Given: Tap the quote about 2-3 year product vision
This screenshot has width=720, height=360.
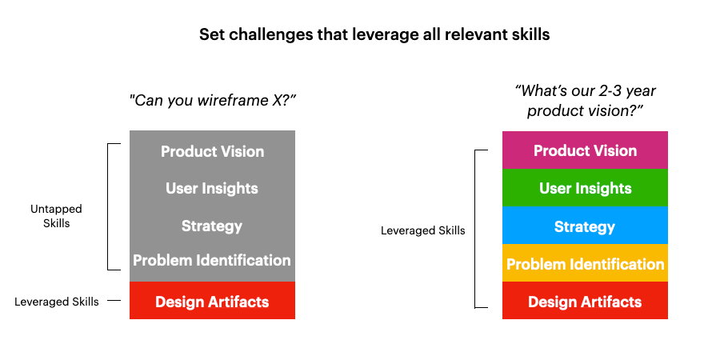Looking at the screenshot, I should click(x=585, y=101).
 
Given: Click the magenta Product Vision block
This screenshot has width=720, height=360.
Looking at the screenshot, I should click(x=585, y=150).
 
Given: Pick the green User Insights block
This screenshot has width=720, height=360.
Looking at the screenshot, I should click(x=585, y=188).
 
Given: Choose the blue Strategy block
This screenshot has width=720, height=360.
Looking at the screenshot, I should click(x=585, y=226).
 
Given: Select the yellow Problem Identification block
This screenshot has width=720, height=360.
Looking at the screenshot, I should click(x=585, y=264).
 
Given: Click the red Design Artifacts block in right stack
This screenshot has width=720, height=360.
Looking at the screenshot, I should click(x=585, y=302).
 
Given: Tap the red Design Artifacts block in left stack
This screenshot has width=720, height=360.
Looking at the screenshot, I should click(x=212, y=302).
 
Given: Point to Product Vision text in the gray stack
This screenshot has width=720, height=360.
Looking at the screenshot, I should click(x=212, y=151).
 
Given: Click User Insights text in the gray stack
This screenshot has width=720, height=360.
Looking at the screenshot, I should click(x=212, y=189).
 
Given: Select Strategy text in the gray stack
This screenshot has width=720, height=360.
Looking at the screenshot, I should click(x=212, y=226).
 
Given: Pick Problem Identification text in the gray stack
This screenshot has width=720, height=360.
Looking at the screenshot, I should click(x=212, y=260).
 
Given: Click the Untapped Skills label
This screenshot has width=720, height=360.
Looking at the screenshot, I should click(x=56, y=216).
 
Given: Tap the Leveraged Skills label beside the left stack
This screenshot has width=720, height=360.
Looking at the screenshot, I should click(x=57, y=302).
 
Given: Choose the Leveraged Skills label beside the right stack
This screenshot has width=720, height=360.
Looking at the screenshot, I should click(x=422, y=230).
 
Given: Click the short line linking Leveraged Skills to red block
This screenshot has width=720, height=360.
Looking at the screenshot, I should click(x=114, y=302).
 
